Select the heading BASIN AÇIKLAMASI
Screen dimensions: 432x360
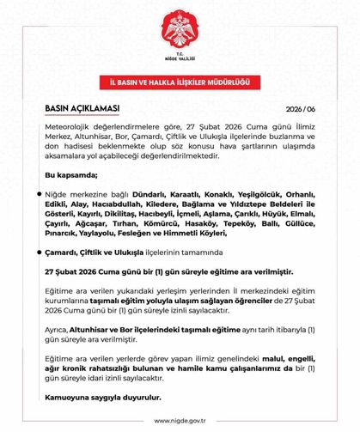(x=82, y=109)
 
